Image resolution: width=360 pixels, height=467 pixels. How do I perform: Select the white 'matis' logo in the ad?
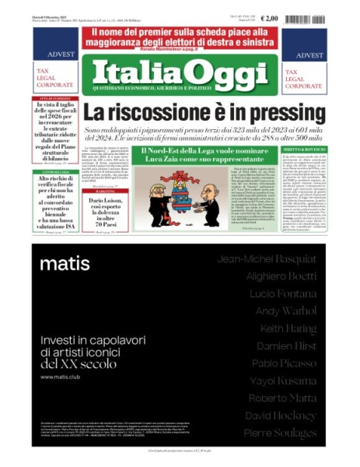pos(65,263)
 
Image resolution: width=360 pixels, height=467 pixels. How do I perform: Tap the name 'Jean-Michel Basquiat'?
pos(267,258)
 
